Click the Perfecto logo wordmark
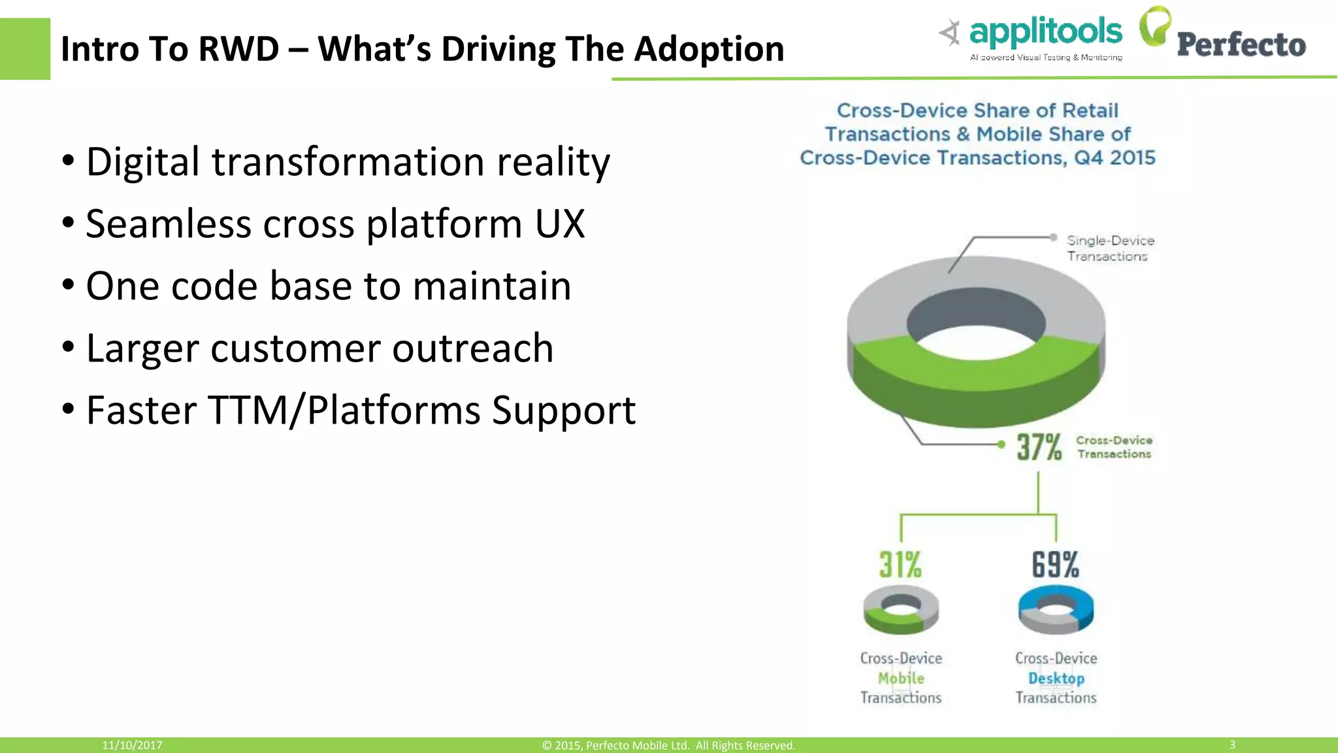pyautogui.click(x=1241, y=44)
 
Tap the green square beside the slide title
pyautogui.click(x=25, y=49)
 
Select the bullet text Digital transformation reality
pyautogui.click(x=348, y=161)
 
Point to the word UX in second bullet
pyautogui.click(x=559, y=224)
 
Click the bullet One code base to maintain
pyautogui.click(x=328, y=286)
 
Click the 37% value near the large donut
pyautogui.click(x=1039, y=447)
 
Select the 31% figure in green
pyautogui.click(x=900, y=565)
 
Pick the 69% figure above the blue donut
pyautogui.click(x=1055, y=565)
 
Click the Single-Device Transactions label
pyautogui.click(x=1110, y=248)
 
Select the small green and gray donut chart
pyautogui.click(x=901, y=609)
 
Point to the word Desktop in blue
pyautogui.click(x=1056, y=678)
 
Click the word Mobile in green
pyautogui.click(x=901, y=678)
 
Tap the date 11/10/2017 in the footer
pyautogui.click(x=132, y=745)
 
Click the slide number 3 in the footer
pyautogui.click(x=1232, y=745)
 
